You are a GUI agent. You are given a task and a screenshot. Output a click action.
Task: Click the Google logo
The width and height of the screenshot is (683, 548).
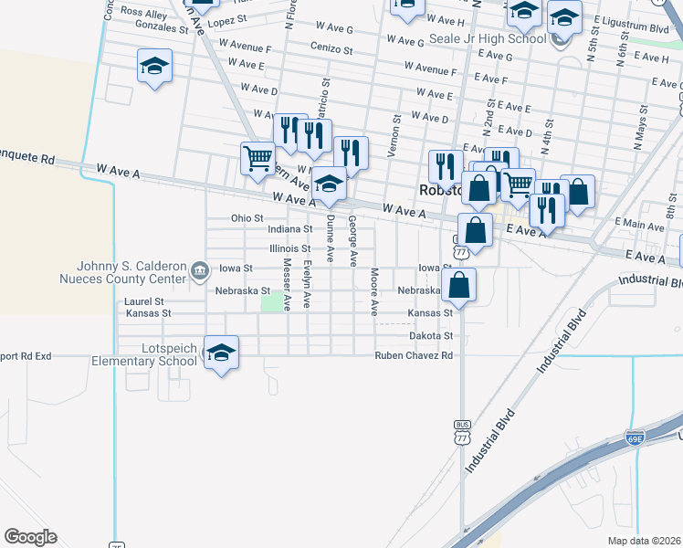coord(30,537)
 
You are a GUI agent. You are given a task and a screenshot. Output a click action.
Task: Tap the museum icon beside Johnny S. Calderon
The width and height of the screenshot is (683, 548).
coord(198,269)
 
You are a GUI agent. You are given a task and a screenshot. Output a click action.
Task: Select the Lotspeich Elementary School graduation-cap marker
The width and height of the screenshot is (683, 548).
coord(221,353)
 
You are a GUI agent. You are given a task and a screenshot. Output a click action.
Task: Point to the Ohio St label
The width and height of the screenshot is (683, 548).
coord(247,218)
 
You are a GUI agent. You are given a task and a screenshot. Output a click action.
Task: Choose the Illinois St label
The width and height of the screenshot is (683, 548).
coord(290,248)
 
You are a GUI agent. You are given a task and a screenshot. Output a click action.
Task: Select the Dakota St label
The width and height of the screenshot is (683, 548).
coord(431,336)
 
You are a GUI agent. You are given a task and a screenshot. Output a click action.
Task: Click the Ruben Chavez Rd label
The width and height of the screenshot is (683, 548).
coord(415,355)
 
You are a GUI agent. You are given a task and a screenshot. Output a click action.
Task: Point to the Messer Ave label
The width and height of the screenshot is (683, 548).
coord(287,284)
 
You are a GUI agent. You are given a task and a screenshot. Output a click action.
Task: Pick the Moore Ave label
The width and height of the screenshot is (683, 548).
coord(374,290)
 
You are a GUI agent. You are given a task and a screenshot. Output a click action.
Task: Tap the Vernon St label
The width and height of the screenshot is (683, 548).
coord(397,135)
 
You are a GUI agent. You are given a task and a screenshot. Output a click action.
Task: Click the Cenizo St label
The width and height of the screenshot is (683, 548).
coord(331,47)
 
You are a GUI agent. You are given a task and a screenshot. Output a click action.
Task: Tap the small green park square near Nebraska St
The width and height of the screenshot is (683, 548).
coord(271,302)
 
